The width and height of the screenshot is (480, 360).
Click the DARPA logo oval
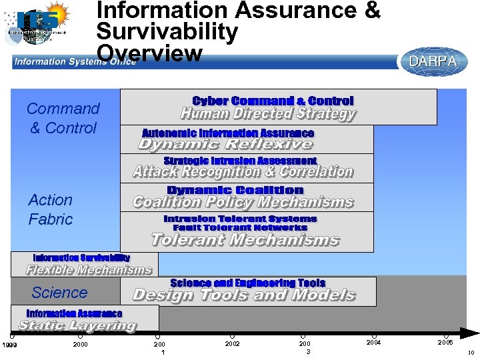(x=433, y=61)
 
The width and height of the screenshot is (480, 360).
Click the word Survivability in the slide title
(x=167, y=31)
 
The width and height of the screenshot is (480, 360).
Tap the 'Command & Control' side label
(x=63, y=118)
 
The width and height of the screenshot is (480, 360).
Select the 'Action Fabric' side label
(x=51, y=209)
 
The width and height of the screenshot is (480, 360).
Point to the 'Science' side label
(x=59, y=292)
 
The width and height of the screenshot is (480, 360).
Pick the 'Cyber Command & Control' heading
(x=273, y=101)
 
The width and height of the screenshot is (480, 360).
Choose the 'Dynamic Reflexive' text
(x=225, y=144)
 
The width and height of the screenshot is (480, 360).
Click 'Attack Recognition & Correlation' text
(x=243, y=172)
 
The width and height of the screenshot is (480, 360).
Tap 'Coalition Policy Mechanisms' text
(x=243, y=202)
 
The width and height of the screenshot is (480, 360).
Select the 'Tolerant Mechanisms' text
(x=245, y=239)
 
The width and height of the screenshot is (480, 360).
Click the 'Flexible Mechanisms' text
(x=89, y=270)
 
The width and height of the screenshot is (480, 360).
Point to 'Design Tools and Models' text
(x=244, y=295)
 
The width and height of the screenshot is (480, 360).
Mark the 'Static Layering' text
(x=77, y=325)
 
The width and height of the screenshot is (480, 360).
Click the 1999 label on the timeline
(x=9, y=344)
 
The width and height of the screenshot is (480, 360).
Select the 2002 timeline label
(x=232, y=343)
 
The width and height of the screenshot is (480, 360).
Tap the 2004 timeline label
(x=374, y=342)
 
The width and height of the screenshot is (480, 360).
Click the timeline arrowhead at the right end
(x=471, y=332)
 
